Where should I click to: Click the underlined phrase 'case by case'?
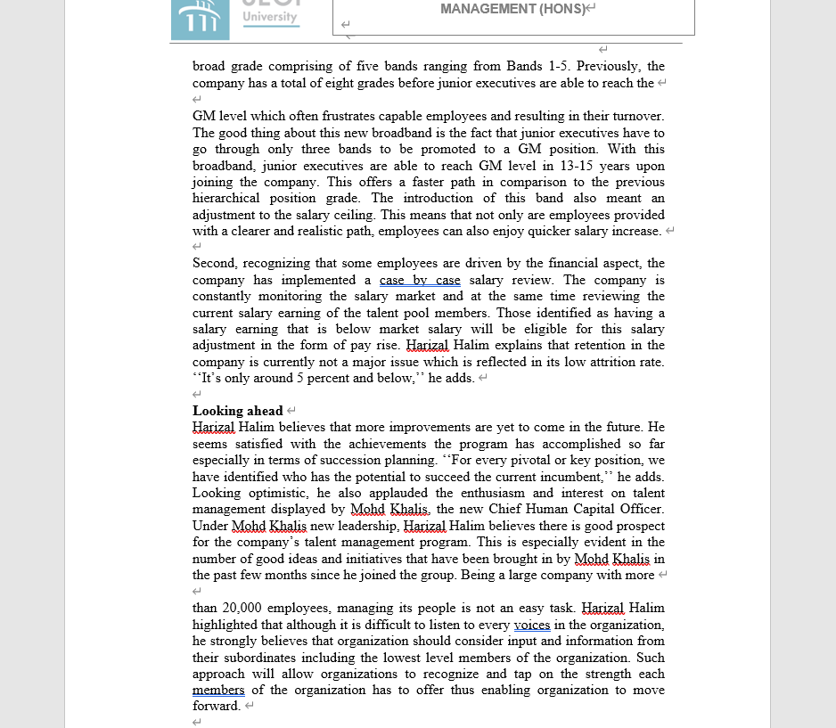(x=420, y=280)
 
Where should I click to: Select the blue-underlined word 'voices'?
(x=532, y=625)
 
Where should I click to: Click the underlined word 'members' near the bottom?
(x=218, y=690)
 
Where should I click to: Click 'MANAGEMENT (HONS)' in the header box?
(x=513, y=9)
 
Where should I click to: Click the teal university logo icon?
(x=200, y=20)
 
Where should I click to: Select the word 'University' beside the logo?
(x=270, y=18)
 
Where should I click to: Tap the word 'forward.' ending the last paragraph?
(x=217, y=706)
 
